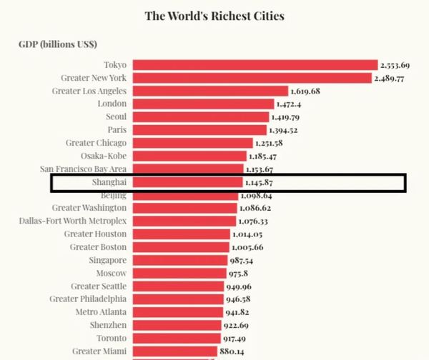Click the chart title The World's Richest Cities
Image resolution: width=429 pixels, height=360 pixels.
[x=214, y=15]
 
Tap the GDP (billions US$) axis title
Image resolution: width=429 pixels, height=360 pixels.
[x=59, y=44]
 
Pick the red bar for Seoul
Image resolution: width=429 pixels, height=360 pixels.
[x=201, y=117]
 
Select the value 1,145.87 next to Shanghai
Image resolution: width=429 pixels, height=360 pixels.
[x=260, y=183]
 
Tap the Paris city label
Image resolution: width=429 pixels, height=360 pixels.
[x=117, y=130]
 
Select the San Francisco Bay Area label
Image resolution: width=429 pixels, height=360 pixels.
[x=84, y=169]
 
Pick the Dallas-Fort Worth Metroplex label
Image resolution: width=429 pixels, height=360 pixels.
[x=73, y=221]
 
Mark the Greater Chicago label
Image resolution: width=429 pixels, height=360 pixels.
[x=96, y=143]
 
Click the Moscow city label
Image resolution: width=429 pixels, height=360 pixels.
[x=111, y=273]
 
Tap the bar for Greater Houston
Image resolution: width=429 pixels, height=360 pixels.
[x=182, y=234]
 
